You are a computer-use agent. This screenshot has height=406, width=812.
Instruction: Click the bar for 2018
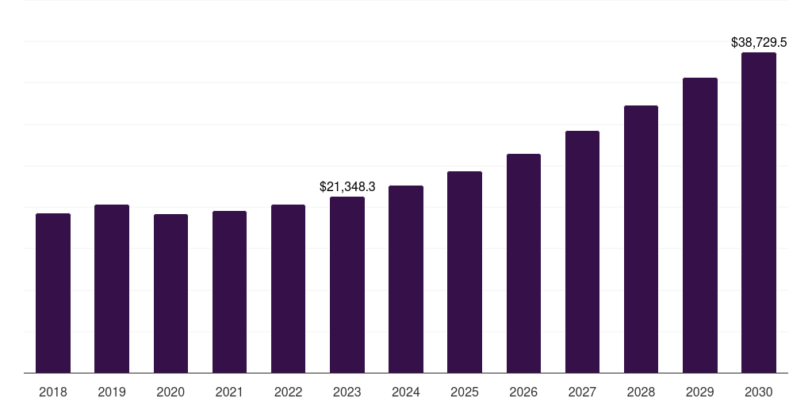[53, 293]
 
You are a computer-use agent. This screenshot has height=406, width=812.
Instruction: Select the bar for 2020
[170, 293]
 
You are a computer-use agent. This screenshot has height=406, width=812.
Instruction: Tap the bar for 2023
[347, 285]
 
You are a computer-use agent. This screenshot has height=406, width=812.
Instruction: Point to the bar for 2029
[700, 225]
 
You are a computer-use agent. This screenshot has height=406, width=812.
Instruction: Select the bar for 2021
[229, 292]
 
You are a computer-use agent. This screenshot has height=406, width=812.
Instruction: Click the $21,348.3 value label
[347, 186]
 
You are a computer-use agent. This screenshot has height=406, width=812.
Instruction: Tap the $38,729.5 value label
[759, 43]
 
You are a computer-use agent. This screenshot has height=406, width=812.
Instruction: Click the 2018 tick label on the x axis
[53, 392]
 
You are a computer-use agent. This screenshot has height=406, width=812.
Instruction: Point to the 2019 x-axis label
[112, 392]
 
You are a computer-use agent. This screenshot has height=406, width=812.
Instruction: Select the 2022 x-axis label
[288, 392]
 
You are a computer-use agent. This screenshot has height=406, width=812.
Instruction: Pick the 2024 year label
[406, 392]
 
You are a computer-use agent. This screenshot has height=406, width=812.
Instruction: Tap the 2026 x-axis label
[523, 392]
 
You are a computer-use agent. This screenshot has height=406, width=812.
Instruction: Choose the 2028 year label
[641, 392]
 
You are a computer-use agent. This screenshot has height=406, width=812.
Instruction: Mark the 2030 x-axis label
[759, 392]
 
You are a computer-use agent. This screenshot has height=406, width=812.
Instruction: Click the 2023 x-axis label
[347, 392]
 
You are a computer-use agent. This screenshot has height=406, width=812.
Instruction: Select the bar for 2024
[406, 279]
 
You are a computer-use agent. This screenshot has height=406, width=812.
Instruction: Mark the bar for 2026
[523, 263]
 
